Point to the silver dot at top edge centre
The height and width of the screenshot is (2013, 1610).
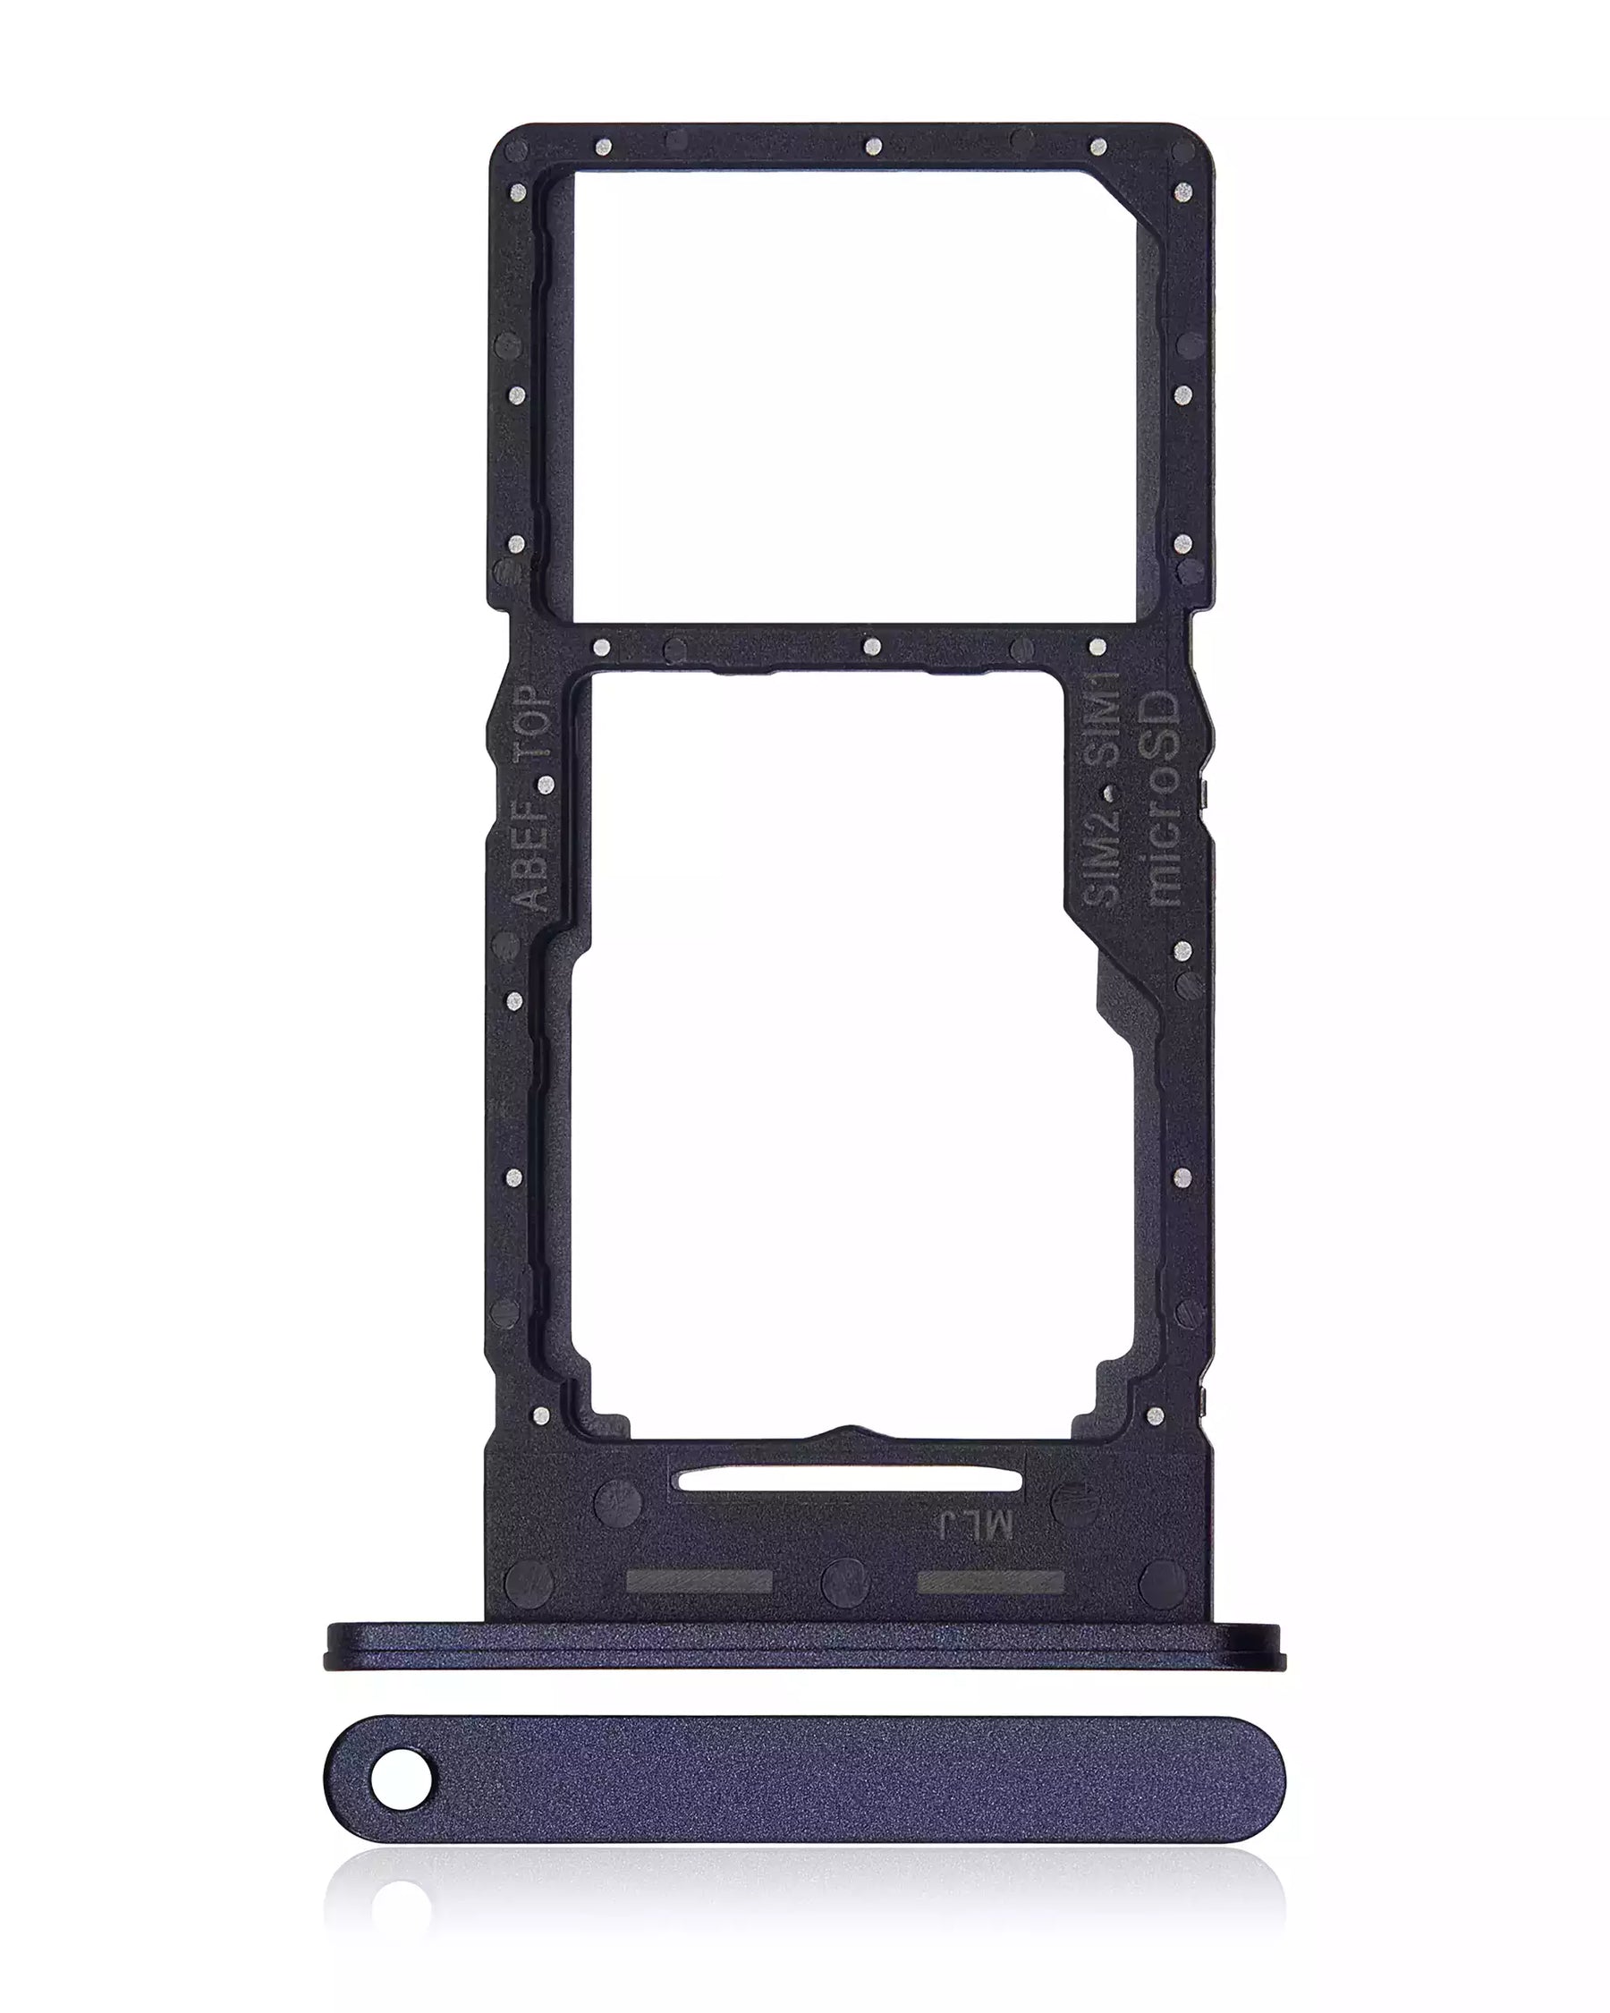874,146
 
